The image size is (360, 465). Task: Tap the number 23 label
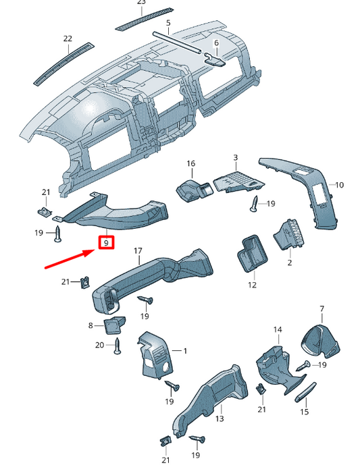(141, 3)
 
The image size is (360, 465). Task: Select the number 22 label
(68, 39)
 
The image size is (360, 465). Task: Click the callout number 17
(138, 252)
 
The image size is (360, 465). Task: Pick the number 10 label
(340, 184)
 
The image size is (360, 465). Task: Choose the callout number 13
(219, 418)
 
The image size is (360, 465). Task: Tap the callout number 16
(190, 163)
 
